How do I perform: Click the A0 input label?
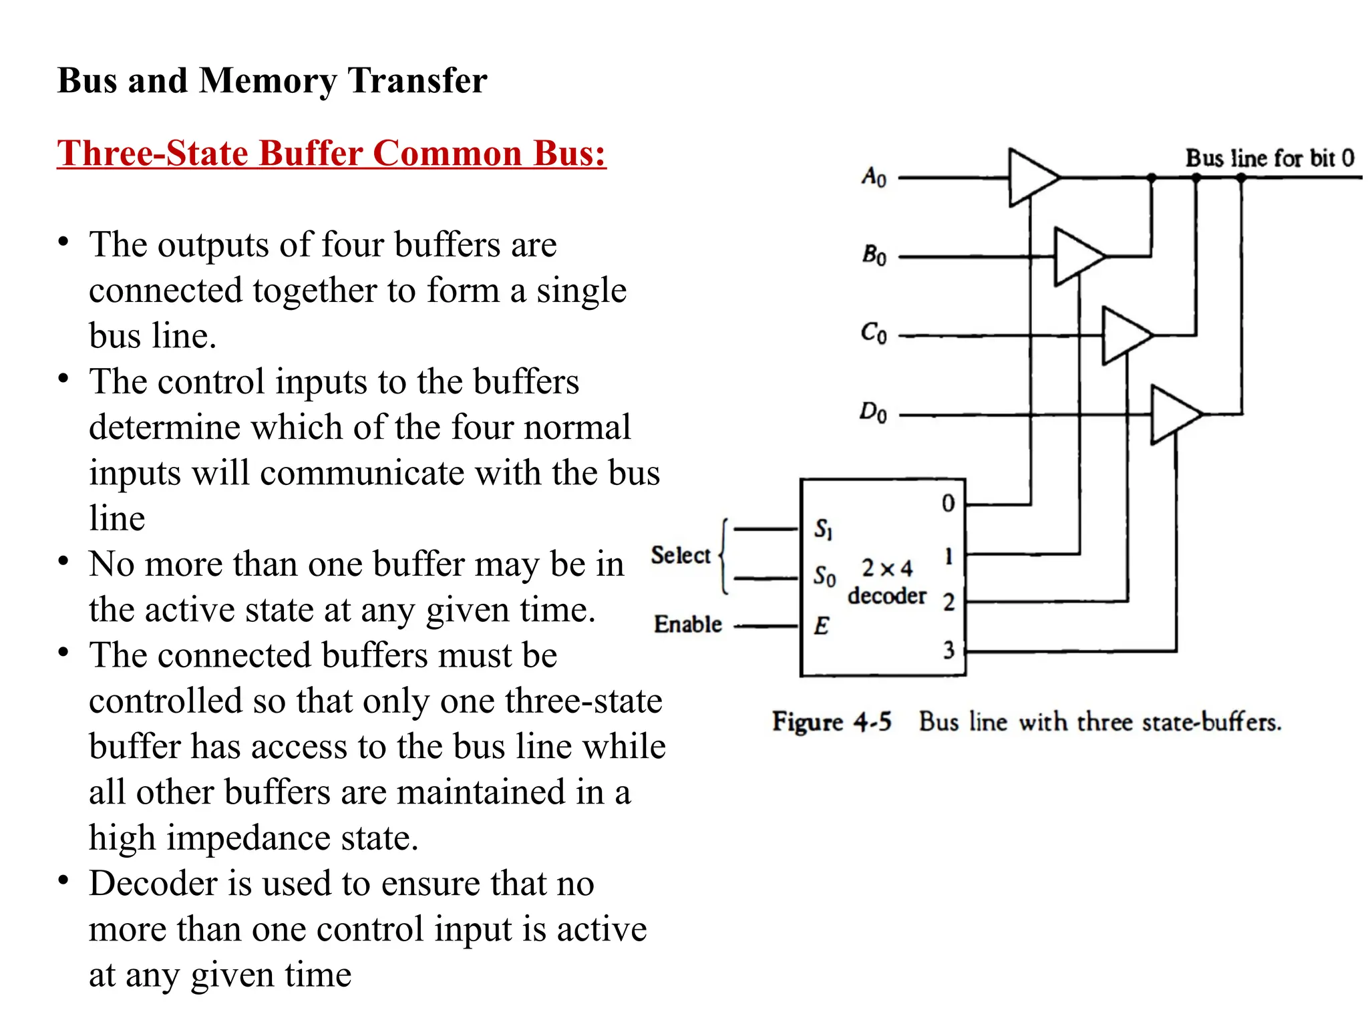[x=874, y=177]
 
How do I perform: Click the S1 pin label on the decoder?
[x=822, y=529]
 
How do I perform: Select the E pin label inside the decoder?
[x=821, y=626]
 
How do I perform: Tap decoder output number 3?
[x=949, y=649]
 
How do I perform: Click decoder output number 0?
[x=948, y=503]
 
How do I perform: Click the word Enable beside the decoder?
[x=688, y=624]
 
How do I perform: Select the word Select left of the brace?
[x=681, y=555]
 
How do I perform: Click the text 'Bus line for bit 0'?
[x=1269, y=158]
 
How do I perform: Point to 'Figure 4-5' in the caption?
[x=832, y=722]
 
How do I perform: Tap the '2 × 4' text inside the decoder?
[x=886, y=568]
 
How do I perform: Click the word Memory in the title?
[x=268, y=81]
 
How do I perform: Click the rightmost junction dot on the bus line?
[x=1240, y=178]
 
